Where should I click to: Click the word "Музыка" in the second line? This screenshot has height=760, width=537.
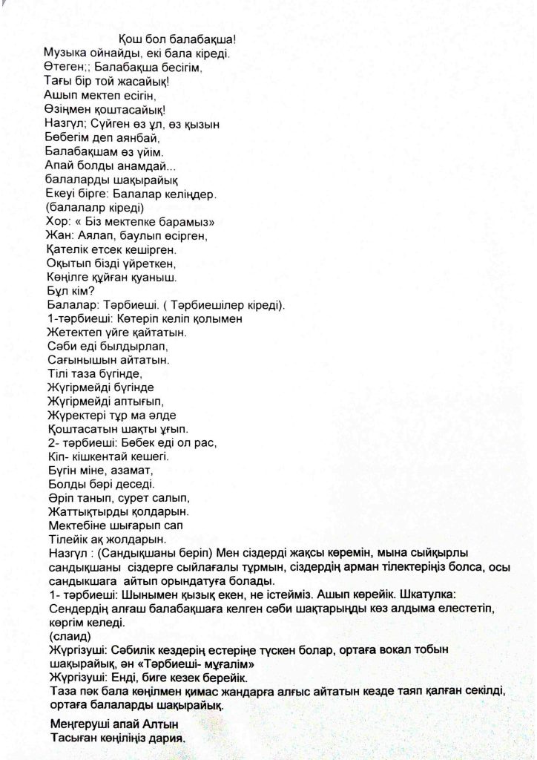click(x=66, y=53)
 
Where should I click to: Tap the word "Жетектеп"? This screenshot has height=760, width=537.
click(x=73, y=333)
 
